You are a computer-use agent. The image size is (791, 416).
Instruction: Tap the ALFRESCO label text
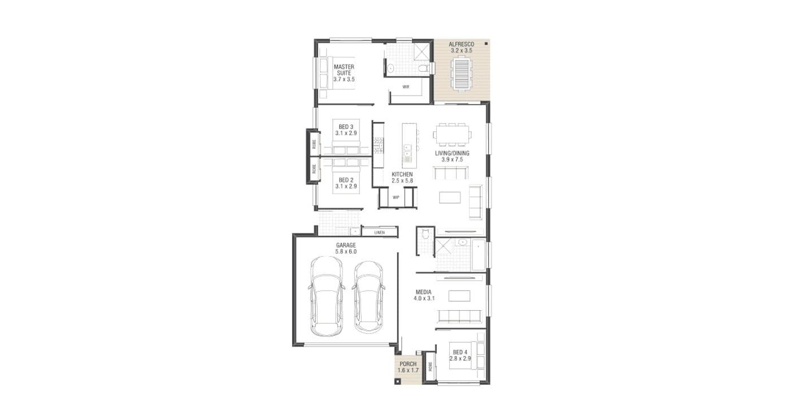(x=461, y=44)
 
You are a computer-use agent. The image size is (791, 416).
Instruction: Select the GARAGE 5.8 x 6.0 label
(x=346, y=248)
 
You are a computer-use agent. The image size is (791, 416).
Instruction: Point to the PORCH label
(x=408, y=364)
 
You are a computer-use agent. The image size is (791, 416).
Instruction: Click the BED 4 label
(x=460, y=352)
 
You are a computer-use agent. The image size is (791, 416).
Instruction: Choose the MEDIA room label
(x=423, y=292)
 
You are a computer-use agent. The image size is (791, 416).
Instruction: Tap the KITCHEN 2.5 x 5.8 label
(x=402, y=177)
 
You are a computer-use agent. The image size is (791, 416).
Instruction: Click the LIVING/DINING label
(x=452, y=153)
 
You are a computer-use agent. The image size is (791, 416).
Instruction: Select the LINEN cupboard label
(x=379, y=233)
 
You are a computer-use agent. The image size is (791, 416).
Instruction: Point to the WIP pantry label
(x=396, y=197)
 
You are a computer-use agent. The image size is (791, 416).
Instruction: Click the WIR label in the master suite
(x=406, y=87)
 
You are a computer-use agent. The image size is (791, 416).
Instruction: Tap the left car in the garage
(x=327, y=296)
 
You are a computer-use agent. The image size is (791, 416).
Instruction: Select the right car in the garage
(x=368, y=297)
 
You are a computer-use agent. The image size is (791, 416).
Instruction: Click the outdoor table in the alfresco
(x=461, y=75)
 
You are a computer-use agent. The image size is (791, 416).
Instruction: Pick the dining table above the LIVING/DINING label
(x=452, y=135)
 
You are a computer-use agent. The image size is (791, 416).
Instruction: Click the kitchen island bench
(x=409, y=145)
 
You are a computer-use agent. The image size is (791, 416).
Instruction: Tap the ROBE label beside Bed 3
(x=314, y=144)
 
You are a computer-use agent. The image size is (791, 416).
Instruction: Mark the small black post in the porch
(x=397, y=382)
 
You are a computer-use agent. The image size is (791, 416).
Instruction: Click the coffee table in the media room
(x=459, y=296)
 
